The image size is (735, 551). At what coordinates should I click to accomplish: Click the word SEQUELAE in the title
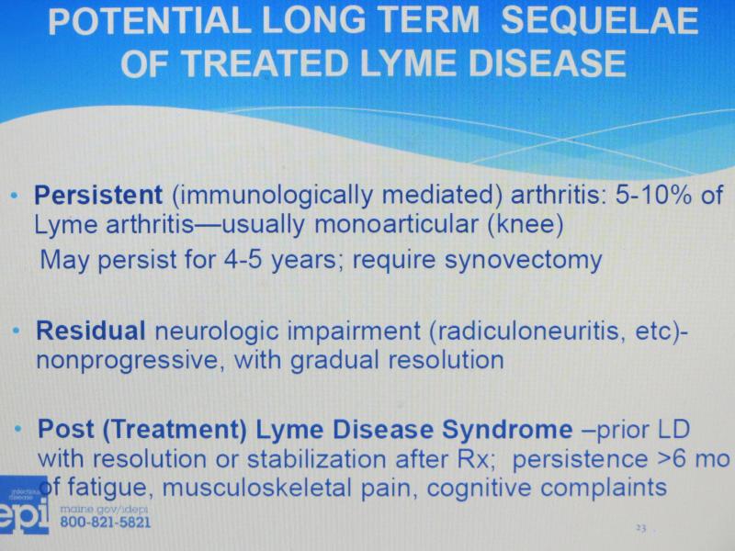600,20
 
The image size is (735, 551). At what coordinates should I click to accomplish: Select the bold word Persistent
98,195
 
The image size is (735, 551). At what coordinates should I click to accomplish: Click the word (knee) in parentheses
525,225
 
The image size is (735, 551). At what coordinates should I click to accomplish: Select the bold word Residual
90,331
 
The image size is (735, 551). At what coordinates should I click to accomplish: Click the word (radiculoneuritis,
527,332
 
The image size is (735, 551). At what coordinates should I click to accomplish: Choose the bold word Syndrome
507,430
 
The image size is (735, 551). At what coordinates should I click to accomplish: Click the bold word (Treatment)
175,430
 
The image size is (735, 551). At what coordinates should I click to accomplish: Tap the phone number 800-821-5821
106,523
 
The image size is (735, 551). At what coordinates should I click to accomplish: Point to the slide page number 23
640,528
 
